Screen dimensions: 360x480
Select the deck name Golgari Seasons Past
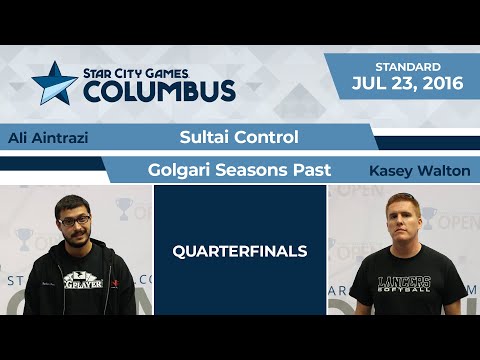coord(240,171)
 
